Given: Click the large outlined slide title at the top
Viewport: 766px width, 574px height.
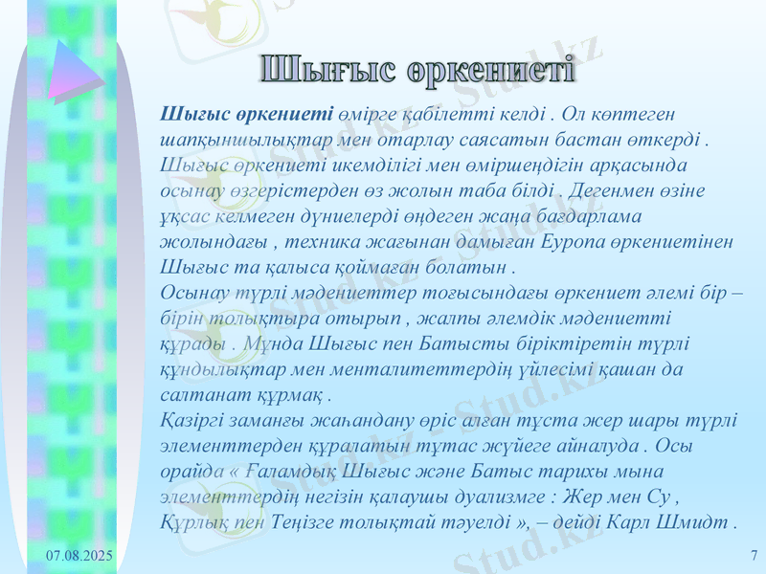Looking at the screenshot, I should click(418, 70).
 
